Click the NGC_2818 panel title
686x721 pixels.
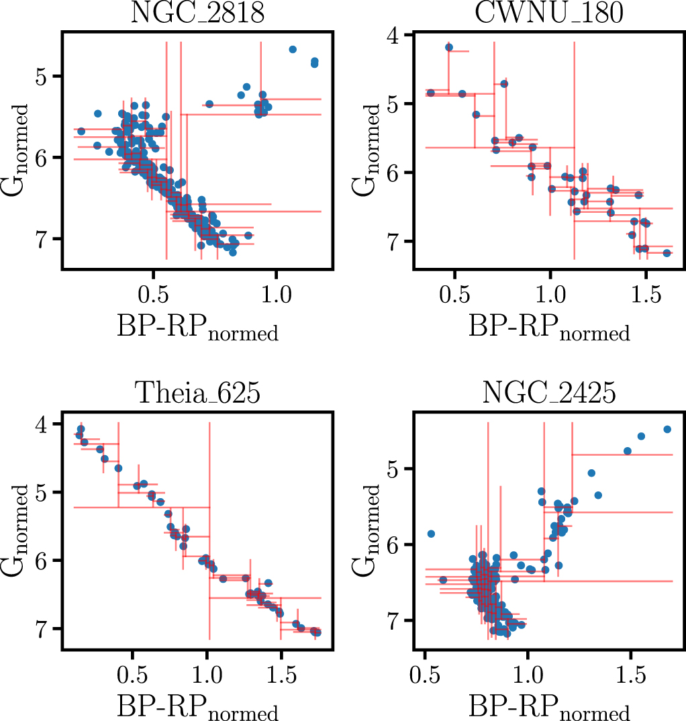[x=197, y=14]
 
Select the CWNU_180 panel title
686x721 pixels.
[x=549, y=14]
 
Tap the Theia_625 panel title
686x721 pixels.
[x=197, y=393]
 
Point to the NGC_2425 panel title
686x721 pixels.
[x=549, y=393]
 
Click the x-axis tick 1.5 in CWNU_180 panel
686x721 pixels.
[x=645, y=295]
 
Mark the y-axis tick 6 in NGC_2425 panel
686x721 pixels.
[x=397, y=544]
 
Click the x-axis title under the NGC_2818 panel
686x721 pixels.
[x=197, y=330]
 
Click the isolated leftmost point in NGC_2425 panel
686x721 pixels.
[x=432, y=534]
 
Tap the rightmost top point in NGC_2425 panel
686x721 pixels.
[x=667, y=429]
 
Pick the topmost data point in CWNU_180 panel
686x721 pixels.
[x=449, y=47]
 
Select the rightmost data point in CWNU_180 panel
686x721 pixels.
[x=667, y=253]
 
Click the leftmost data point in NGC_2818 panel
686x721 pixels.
[x=81, y=131]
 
